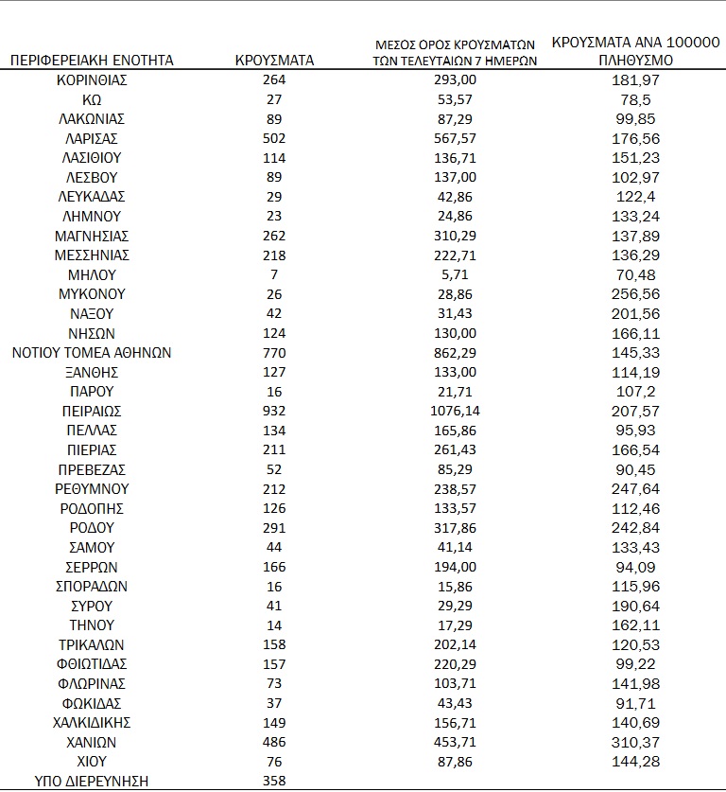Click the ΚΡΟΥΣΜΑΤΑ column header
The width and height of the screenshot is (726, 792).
pos(274,61)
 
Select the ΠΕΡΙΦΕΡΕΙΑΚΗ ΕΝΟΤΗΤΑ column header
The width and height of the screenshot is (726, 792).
pos(92,61)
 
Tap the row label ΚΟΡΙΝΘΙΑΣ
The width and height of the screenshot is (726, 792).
pos(92,80)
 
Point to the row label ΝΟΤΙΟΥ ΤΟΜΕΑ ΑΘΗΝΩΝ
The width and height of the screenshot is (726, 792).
pos(92,353)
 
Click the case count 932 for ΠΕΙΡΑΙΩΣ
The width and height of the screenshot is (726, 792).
pos(274,412)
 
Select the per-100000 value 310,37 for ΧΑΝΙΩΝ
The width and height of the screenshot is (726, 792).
pos(635,742)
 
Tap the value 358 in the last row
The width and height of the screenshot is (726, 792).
pos(274,782)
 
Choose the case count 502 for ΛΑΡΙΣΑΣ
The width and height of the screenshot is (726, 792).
pos(274,139)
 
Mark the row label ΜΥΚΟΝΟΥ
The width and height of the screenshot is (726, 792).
pos(92,294)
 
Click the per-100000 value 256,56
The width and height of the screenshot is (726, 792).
pos(635,294)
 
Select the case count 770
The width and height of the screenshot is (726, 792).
pos(274,353)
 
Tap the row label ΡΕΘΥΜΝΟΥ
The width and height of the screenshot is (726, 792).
pos(92,489)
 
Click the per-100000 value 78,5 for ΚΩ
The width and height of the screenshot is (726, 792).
pos(635,100)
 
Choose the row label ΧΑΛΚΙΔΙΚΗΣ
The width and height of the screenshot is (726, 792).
pos(92,723)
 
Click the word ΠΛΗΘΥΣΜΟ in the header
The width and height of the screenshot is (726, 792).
pos(635,61)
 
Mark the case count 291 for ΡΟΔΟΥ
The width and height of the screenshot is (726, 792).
pos(274,528)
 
